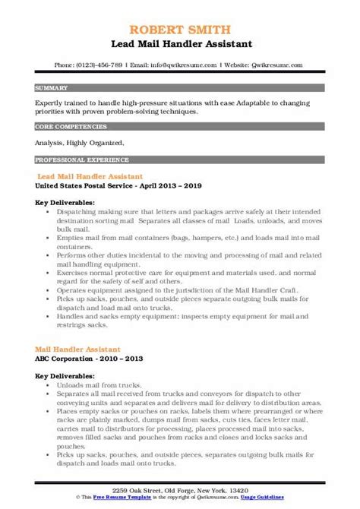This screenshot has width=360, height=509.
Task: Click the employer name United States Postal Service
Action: [77, 184]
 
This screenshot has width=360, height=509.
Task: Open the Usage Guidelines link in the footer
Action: [295, 501]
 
